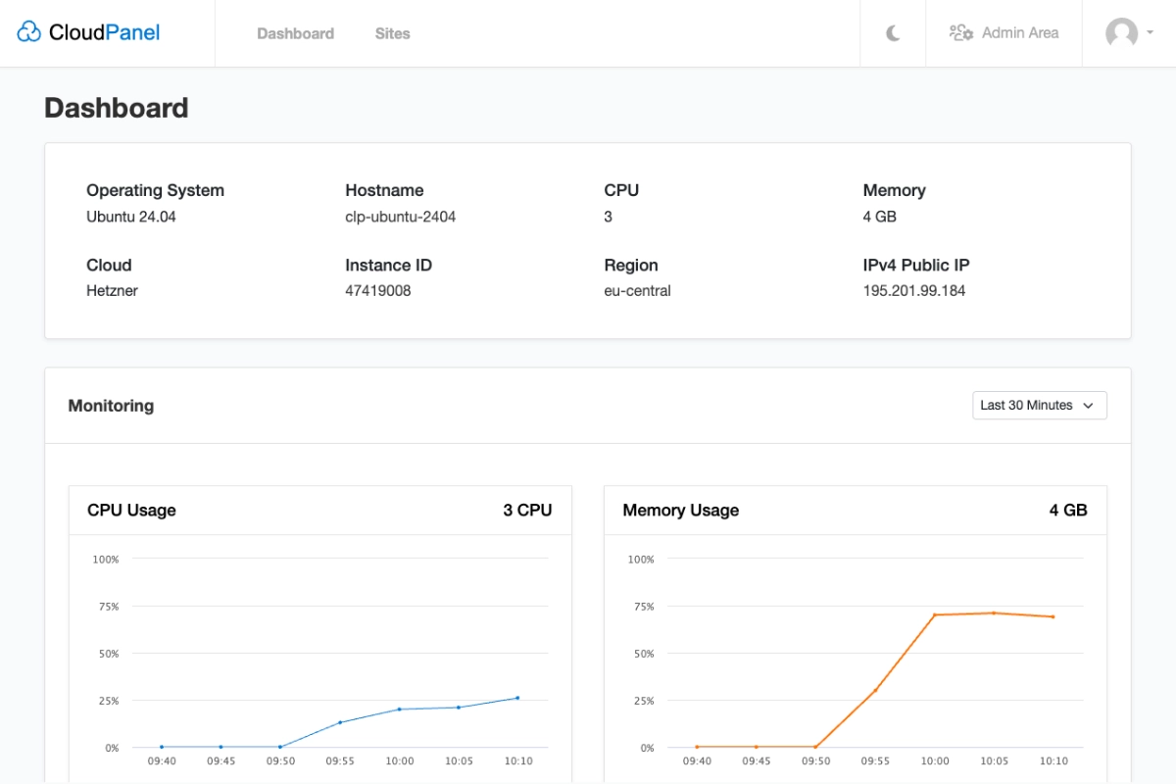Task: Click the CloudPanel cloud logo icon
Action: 29,32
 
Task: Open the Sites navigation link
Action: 392,33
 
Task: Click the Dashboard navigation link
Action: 295,33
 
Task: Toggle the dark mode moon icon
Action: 893,33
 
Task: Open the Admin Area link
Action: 1004,33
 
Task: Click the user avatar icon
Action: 1122,33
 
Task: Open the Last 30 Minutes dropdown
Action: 1039,405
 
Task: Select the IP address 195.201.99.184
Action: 913,291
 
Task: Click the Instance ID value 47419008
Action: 377,291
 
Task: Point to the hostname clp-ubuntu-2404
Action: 400,217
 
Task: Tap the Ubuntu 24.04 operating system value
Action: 131,217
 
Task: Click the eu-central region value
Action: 637,291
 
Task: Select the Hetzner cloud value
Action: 112,291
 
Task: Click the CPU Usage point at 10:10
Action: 517,698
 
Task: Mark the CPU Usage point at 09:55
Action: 340,722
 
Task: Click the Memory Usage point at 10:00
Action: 935,614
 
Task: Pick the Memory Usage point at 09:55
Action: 875,690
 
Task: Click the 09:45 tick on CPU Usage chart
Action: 220,760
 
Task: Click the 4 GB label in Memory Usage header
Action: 1067,511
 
